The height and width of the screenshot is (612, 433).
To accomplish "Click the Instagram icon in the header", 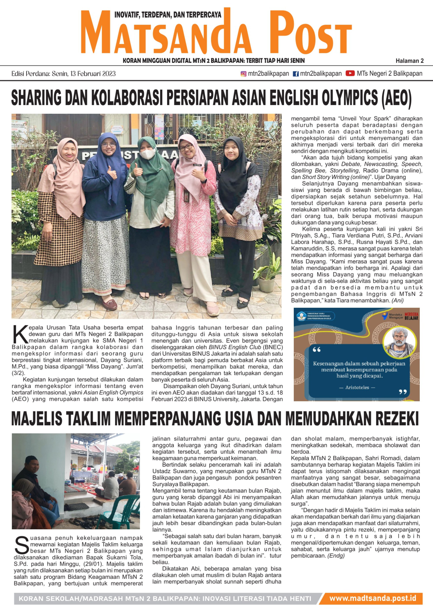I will click(x=243, y=74).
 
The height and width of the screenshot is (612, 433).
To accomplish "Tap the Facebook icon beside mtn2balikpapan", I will click(x=296, y=74).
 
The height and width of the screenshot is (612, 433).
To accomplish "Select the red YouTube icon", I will click(x=350, y=73).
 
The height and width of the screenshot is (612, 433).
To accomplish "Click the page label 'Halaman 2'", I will click(x=410, y=61).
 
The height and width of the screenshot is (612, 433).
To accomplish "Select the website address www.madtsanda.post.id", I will click(x=372, y=598).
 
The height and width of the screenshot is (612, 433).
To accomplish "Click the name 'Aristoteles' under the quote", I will click(x=357, y=387).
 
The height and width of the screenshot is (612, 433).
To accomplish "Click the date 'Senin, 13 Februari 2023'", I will click(x=84, y=74).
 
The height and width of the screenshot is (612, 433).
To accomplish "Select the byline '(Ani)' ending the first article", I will click(x=397, y=301).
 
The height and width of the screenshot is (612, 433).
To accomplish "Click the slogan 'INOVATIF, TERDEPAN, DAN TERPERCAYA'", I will click(x=168, y=15).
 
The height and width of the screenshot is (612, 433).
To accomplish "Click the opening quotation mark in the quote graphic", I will click(x=317, y=349).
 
